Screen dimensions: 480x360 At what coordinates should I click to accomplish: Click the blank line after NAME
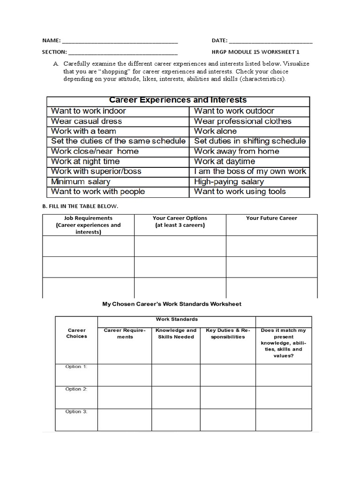[120, 41]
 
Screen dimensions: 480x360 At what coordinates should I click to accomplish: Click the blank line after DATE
[271, 41]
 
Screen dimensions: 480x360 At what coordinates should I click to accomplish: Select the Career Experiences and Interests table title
[178, 100]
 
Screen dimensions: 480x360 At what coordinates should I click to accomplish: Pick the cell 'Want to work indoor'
[88, 111]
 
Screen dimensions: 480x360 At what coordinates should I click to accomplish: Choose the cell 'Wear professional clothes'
[242, 121]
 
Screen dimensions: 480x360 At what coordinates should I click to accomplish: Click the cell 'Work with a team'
[83, 131]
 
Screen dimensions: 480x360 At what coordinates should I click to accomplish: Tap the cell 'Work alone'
[215, 131]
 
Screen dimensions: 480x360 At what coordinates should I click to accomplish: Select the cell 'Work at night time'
[85, 161]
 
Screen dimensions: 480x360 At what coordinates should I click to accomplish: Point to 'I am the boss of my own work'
[250, 171]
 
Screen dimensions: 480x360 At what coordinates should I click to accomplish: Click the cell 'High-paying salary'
[229, 181]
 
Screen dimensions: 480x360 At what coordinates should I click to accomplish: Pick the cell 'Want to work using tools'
[240, 191]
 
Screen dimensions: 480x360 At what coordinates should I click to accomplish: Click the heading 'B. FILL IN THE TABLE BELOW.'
[80, 206]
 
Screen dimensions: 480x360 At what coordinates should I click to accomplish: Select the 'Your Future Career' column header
[271, 218]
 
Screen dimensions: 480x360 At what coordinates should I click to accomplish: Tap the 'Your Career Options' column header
[180, 222]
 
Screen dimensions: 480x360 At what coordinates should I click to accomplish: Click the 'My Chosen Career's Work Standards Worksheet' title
[172, 304]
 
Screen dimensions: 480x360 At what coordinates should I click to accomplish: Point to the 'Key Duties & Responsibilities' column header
[228, 333]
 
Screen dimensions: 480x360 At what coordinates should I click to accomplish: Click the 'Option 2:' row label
[76, 389]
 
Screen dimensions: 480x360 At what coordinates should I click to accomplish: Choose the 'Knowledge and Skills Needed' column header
[176, 333]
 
